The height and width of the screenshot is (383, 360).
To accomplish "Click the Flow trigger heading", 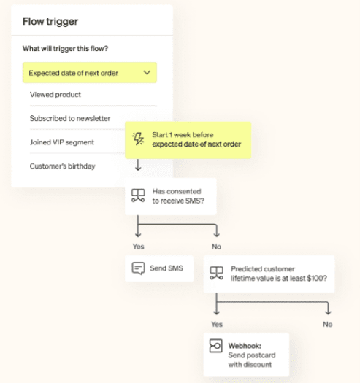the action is point(50,21).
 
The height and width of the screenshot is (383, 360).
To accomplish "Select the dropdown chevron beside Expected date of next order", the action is point(147,72).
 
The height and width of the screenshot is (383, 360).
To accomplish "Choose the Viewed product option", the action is point(55,95).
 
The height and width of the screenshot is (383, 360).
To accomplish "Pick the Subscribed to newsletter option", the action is point(70,118).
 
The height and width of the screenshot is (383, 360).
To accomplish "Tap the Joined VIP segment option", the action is point(62,142).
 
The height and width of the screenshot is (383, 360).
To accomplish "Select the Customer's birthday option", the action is point(62,166).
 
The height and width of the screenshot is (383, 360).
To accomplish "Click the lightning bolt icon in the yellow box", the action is point(138,139).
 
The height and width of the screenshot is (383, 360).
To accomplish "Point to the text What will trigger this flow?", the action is point(65,49).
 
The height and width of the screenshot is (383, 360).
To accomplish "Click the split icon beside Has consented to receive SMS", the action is point(138,196).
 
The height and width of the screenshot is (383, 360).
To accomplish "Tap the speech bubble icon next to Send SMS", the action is point(138,268).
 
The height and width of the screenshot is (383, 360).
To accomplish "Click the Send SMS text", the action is point(166,268).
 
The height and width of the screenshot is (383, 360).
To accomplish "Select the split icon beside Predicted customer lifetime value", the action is point(217,273).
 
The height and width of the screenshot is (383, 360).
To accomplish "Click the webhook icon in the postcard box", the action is point(216,346).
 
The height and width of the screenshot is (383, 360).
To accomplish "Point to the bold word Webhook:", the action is point(245,346).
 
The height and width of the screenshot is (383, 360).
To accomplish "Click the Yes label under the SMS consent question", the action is point(139,247).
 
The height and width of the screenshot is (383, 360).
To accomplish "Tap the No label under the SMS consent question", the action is point(216,247).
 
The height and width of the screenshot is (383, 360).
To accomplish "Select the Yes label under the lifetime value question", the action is point(217,324).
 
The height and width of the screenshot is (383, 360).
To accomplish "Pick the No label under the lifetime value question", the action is point(328,324).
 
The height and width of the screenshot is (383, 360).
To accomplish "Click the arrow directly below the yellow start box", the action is point(138,165).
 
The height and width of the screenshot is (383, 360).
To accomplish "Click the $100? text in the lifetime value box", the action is point(317,278).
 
